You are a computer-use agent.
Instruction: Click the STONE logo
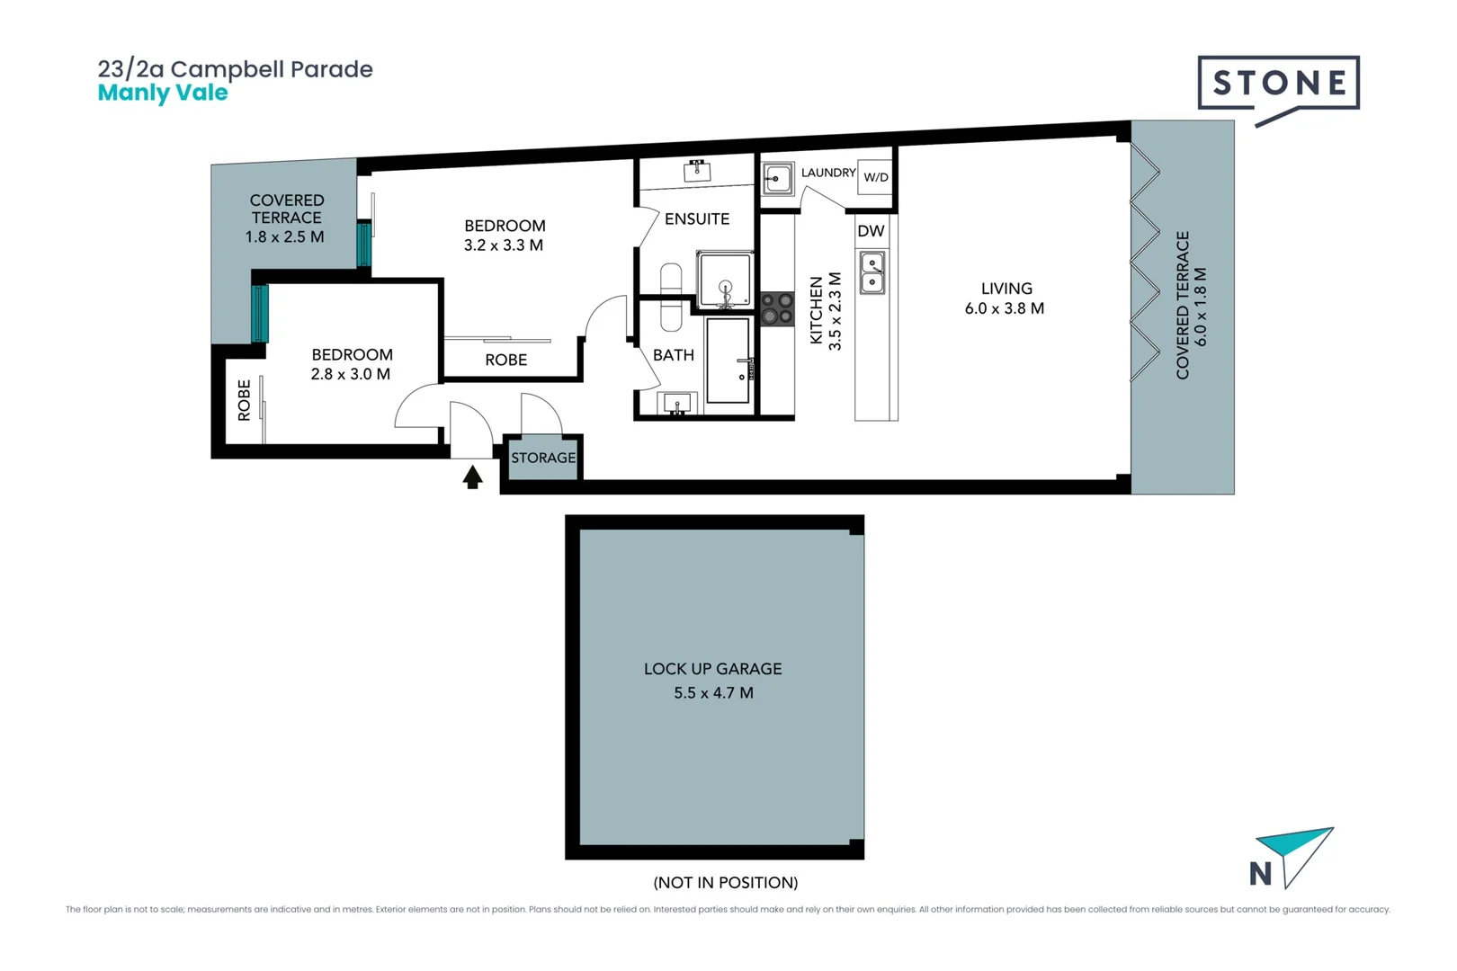pyautogui.click(x=1278, y=84)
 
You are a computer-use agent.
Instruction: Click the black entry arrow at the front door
pyautogui.click(x=472, y=477)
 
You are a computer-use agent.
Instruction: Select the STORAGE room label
pyautogui.click(x=543, y=458)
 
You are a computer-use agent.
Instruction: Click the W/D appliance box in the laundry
pyautogui.click(x=875, y=177)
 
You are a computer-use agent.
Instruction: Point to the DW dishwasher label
pyautogui.click(x=871, y=231)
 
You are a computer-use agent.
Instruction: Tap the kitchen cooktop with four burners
pyautogui.click(x=777, y=308)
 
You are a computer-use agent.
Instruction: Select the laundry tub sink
pyautogui.click(x=778, y=179)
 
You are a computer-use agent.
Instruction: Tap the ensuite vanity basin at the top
pyautogui.click(x=697, y=170)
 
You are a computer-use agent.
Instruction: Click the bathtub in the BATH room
pyautogui.click(x=728, y=360)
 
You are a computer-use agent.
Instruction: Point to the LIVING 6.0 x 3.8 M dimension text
pyautogui.click(x=1005, y=308)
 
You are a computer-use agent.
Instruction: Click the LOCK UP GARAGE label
pyautogui.click(x=712, y=669)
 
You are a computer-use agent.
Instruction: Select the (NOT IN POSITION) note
pyautogui.click(x=725, y=883)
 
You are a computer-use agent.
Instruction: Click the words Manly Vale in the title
pyautogui.click(x=163, y=93)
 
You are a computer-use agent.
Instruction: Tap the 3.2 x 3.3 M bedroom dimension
pyautogui.click(x=504, y=245)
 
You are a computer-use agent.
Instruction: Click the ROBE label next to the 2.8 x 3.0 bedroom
pyautogui.click(x=245, y=400)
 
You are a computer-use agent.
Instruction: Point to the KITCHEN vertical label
pyautogui.click(x=817, y=310)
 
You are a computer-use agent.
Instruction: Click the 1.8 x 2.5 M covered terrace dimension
pyautogui.click(x=285, y=237)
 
